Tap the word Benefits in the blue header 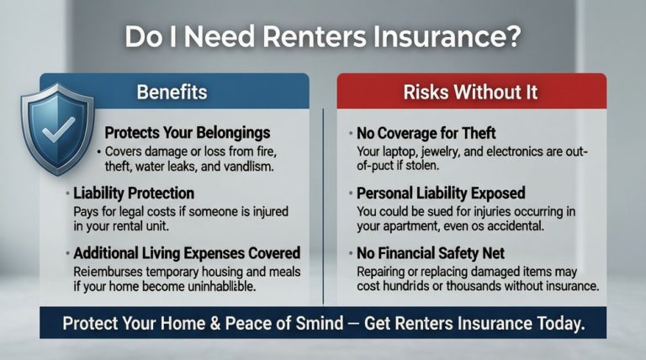coord(173,91)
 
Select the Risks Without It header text coord(472,91)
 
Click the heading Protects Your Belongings coord(187,133)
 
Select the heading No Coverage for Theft coord(426,133)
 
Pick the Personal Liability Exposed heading coord(441,193)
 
